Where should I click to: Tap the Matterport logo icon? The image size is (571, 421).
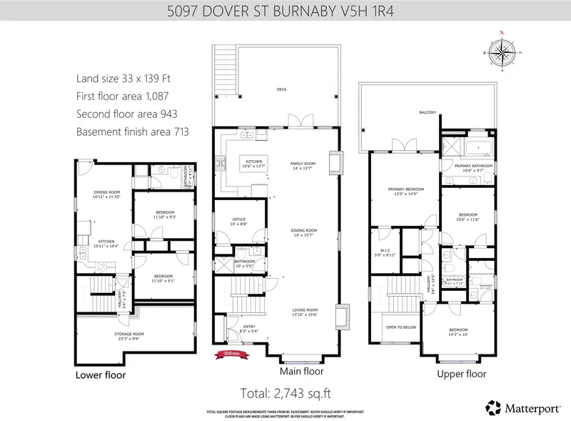[x=493, y=407]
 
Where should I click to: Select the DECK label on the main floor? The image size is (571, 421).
[x=282, y=89]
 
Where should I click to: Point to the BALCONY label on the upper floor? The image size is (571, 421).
[x=428, y=112]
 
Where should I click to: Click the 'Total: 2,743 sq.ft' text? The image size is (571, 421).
[x=285, y=392]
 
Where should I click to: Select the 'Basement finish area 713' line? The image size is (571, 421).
[x=132, y=132]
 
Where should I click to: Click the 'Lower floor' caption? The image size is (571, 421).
[x=101, y=375]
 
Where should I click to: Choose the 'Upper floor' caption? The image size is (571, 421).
[x=462, y=373]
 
